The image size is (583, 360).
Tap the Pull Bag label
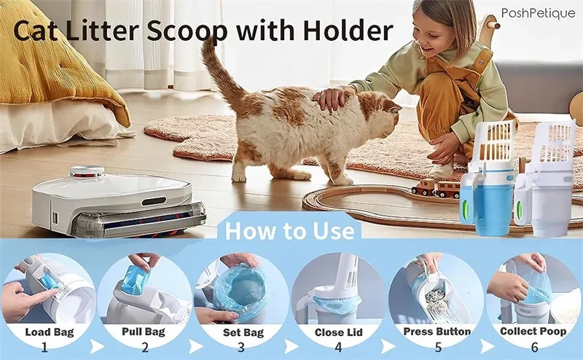143,332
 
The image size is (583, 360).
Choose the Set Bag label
240,332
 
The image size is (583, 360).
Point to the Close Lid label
338,332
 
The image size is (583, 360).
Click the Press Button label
437,332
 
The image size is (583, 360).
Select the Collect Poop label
534,332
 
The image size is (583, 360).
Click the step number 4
338,348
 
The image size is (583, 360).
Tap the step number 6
534,348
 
